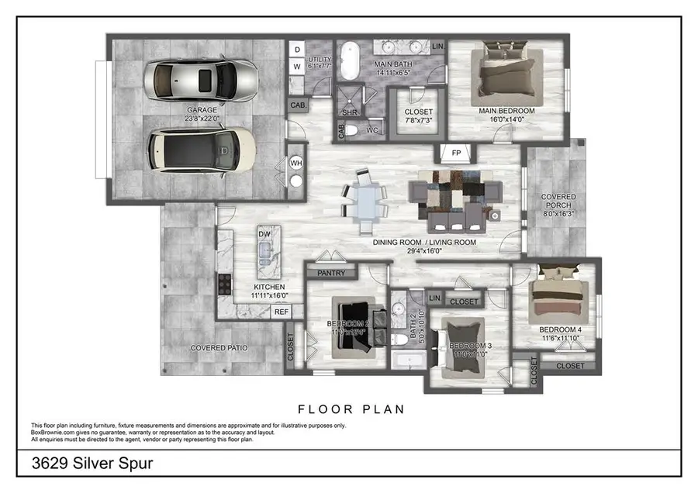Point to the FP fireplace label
click(x=457, y=153)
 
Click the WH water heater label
click(x=295, y=164)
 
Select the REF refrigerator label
click(x=282, y=312)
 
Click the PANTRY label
click(x=331, y=272)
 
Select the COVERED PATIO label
click(x=219, y=348)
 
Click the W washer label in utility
click(x=297, y=67)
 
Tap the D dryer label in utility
click(x=297, y=50)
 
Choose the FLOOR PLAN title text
click(x=351, y=409)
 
